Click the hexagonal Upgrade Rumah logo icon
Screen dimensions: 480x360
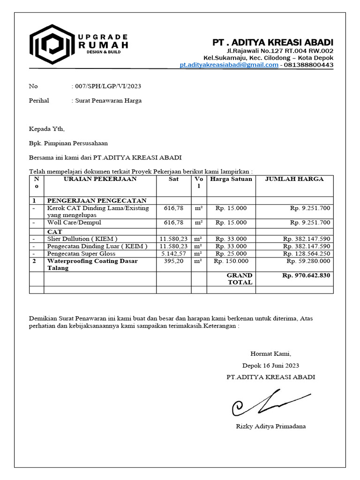click(x=51, y=44)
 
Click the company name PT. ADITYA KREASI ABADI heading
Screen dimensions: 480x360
click(x=273, y=42)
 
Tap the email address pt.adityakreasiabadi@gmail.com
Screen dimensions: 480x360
click(x=229, y=65)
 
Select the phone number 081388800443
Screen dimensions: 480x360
click(x=309, y=65)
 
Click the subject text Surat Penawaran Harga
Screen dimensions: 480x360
click(x=108, y=100)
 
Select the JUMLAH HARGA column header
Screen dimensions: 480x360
click(x=294, y=179)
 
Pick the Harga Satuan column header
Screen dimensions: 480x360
click(x=231, y=179)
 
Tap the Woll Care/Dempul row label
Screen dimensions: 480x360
click(x=74, y=223)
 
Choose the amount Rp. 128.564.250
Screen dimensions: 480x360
click(x=307, y=254)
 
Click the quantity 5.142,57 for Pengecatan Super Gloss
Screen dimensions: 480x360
click(x=173, y=254)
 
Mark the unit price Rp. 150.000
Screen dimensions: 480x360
click(x=231, y=261)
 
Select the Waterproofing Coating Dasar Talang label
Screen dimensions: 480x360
click(x=92, y=264)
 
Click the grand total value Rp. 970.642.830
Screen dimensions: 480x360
click(x=306, y=276)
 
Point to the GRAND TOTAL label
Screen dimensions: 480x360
click(x=240, y=279)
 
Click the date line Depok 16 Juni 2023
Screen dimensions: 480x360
click(x=270, y=366)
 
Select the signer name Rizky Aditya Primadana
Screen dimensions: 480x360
click(x=270, y=426)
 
